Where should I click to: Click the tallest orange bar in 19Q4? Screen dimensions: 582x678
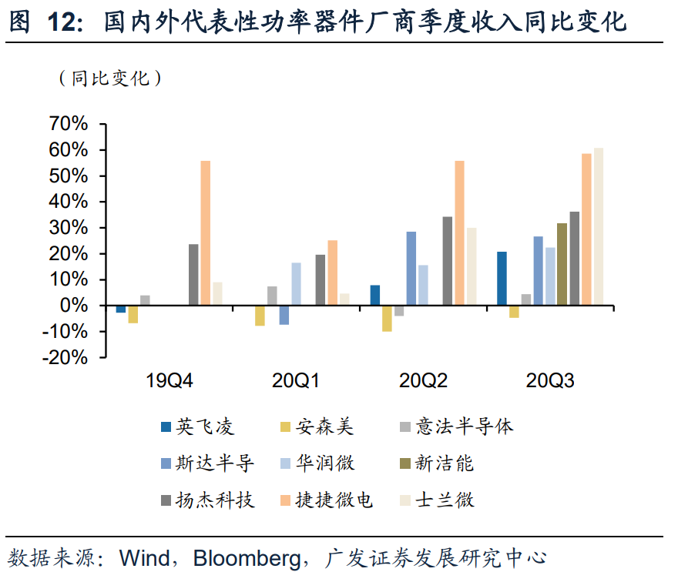point(206,233)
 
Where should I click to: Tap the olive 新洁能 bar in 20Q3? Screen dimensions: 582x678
point(562,265)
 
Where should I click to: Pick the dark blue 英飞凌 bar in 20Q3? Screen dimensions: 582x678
point(502,279)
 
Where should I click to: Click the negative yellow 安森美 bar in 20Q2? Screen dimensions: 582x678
point(387,319)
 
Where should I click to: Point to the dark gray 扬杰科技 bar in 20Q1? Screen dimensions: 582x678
point(321,280)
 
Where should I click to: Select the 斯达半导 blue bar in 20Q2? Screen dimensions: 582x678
point(411,269)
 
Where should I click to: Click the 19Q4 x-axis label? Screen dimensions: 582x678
point(170,380)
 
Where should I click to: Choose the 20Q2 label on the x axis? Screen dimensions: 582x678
point(423,380)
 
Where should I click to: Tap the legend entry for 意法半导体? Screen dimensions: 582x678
point(464,426)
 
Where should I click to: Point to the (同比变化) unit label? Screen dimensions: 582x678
point(109,78)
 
